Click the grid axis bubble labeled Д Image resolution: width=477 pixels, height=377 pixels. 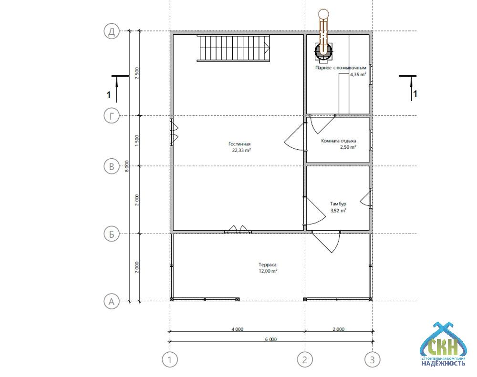click(x=112, y=31)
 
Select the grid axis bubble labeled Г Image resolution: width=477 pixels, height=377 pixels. click(x=112, y=116)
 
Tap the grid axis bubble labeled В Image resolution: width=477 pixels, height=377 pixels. click(x=112, y=166)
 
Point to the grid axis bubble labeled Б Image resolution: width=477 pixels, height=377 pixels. click(x=112, y=234)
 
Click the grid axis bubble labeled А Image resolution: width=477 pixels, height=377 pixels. click(x=112, y=301)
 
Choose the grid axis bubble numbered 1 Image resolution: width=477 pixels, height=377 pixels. click(x=170, y=360)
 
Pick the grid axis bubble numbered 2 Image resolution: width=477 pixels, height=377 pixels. click(x=305, y=360)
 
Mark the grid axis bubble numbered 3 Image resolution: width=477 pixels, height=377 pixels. click(x=373, y=360)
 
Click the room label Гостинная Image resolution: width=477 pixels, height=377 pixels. click(x=239, y=144)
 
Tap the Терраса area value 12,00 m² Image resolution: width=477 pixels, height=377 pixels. click(x=268, y=271)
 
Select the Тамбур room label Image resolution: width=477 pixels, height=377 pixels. click(x=338, y=204)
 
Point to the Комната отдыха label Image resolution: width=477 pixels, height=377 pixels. click(x=339, y=141)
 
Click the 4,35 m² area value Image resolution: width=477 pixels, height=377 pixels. click(x=358, y=74)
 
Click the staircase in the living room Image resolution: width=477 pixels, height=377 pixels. click(x=234, y=48)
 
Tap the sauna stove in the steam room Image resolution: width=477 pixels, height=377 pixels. click(x=323, y=51)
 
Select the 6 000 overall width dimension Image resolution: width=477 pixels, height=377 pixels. click(x=270, y=339)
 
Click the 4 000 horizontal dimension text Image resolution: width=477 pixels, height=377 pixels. click(x=237, y=329)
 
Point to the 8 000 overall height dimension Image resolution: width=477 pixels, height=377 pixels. click(x=127, y=166)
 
